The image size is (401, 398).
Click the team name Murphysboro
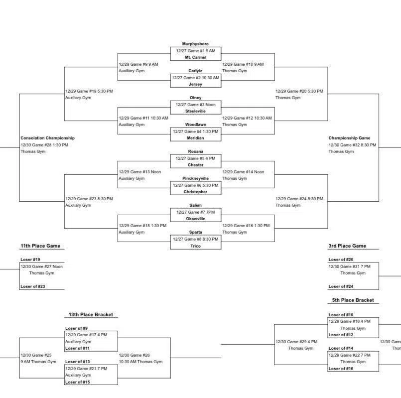coord(195,44)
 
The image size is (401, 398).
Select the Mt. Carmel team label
coord(195,57)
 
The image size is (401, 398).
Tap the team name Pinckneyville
coord(195,178)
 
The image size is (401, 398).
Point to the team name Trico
coord(195,246)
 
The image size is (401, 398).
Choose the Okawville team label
coord(195,219)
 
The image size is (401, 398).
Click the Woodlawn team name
coord(195,125)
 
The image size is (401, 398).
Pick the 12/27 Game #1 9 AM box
coord(195,51)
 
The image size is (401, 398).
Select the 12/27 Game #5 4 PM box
coord(195,158)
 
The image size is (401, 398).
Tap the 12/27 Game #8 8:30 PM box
coord(195,239)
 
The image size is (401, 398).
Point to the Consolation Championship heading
coord(47,138)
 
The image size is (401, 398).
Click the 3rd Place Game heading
coord(347,246)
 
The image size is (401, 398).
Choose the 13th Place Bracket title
coord(91,315)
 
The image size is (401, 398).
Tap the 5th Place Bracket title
coord(353,300)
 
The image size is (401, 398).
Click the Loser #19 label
coord(30,260)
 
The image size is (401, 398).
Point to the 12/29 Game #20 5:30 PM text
coord(299,91)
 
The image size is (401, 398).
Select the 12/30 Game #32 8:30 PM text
coord(352,145)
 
